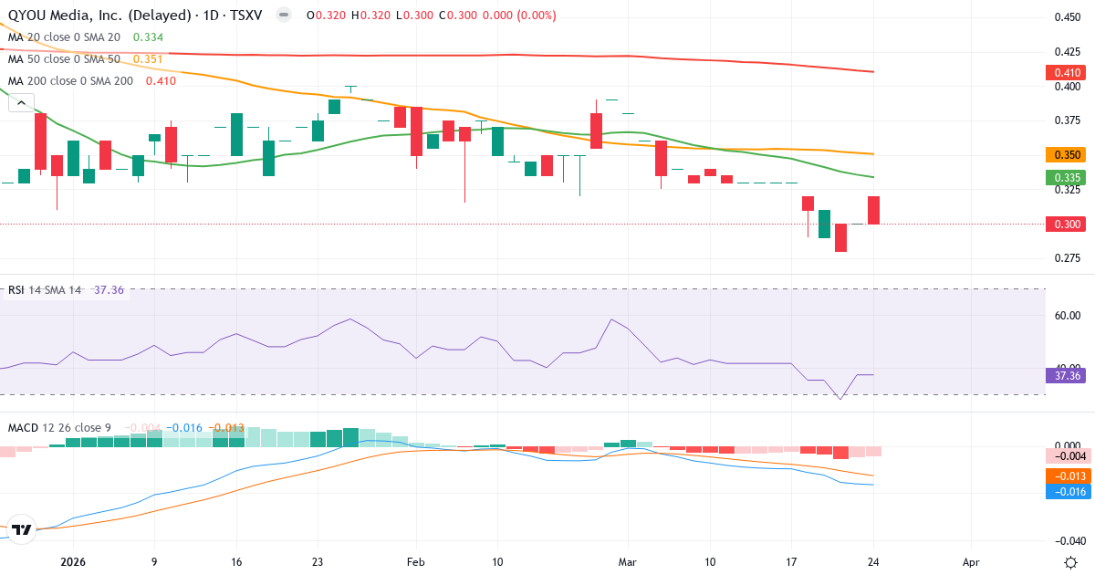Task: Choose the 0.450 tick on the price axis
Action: click(1068, 17)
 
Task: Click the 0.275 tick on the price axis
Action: click(1068, 258)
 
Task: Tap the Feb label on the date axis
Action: click(416, 537)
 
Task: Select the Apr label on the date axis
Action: click(972, 537)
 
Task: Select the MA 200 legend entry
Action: click(70, 81)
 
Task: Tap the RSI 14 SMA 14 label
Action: click(45, 290)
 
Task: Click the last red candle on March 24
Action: click(873, 210)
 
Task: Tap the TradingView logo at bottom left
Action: click(22, 529)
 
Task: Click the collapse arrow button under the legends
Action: click(21, 103)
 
